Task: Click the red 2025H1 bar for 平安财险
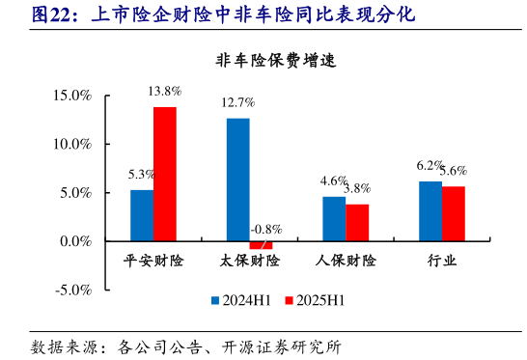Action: (x=165, y=174)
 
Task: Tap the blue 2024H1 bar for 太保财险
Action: (x=237, y=180)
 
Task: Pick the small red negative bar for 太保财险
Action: (x=261, y=245)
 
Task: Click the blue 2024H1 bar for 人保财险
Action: (x=333, y=219)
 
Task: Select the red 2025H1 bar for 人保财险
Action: (x=357, y=223)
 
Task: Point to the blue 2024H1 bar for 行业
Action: (x=430, y=211)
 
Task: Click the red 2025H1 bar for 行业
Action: (x=453, y=214)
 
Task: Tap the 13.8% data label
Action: (x=165, y=91)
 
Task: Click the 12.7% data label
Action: (x=237, y=102)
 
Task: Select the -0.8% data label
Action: (x=265, y=230)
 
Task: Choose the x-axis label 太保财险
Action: (x=249, y=262)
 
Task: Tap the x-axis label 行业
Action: (x=441, y=262)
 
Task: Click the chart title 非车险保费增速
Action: (x=275, y=61)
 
